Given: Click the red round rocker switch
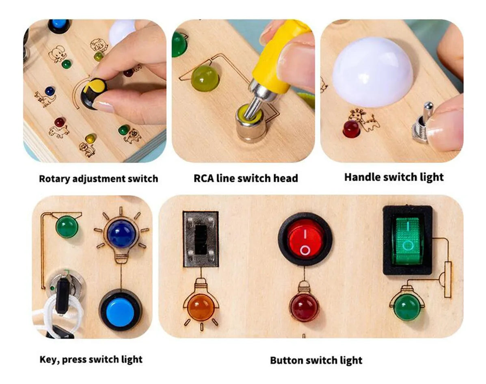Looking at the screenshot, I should coord(305,239).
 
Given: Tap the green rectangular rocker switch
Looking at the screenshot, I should coord(407,239).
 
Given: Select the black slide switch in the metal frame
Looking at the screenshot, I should coord(200,239).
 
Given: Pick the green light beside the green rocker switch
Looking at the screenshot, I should coord(407,308).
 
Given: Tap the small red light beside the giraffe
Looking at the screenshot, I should coord(351,128).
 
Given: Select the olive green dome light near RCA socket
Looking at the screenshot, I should coord(205,78).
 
